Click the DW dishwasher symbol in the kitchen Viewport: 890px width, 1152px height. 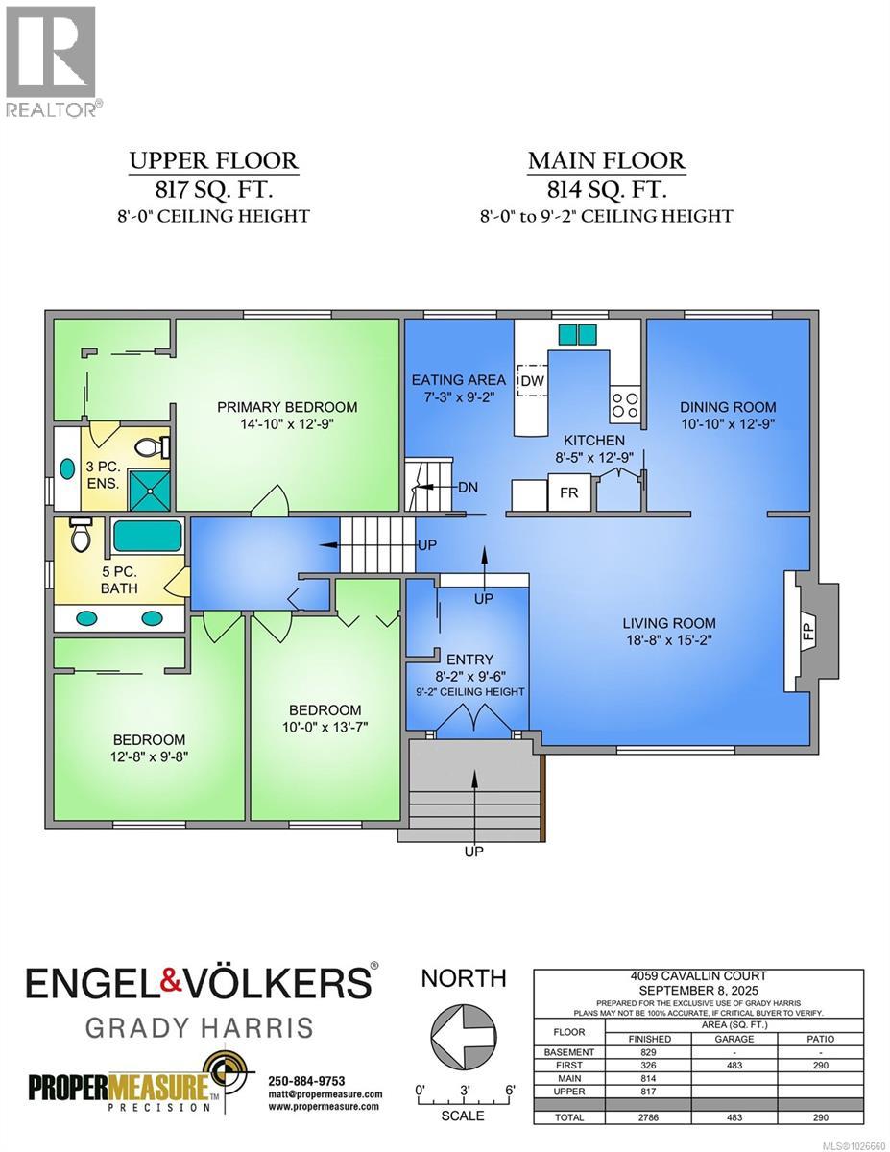[533, 380]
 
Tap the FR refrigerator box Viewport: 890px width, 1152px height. [569, 492]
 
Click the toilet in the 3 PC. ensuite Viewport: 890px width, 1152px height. [152, 448]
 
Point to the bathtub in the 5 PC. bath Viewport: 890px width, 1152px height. [147, 536]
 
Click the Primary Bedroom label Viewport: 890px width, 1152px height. [287, 407]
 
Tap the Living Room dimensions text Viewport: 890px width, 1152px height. [669, 640]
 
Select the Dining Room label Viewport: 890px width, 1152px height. [729, 407]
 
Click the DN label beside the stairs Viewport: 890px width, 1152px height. [469, 487]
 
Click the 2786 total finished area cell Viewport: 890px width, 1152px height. [648, 1117]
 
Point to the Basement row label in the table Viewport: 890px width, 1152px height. [569, 1052]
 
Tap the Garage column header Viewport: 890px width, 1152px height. [734, 1039]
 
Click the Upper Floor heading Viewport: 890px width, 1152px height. [214, 160]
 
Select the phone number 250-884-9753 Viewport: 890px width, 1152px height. [307, 1081]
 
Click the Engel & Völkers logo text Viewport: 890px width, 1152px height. [198, 983]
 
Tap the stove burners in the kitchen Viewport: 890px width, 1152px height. [624, 404]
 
